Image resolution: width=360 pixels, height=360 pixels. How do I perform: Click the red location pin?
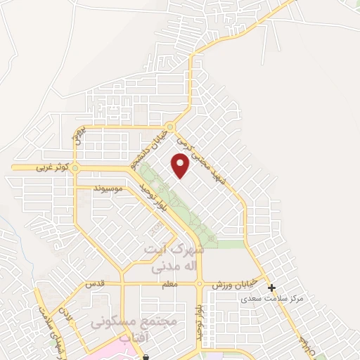point(181,166)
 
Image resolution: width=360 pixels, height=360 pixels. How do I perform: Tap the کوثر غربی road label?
point(43,168)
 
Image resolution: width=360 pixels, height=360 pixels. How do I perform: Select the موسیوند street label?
point(108,188)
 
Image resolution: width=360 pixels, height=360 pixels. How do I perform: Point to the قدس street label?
point(95,284)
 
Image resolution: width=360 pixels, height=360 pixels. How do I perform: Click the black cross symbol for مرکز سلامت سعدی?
point(271,288)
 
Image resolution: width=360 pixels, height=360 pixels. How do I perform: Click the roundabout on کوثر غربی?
point(75,168)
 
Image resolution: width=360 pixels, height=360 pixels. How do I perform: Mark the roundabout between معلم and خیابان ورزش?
point(200,284)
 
